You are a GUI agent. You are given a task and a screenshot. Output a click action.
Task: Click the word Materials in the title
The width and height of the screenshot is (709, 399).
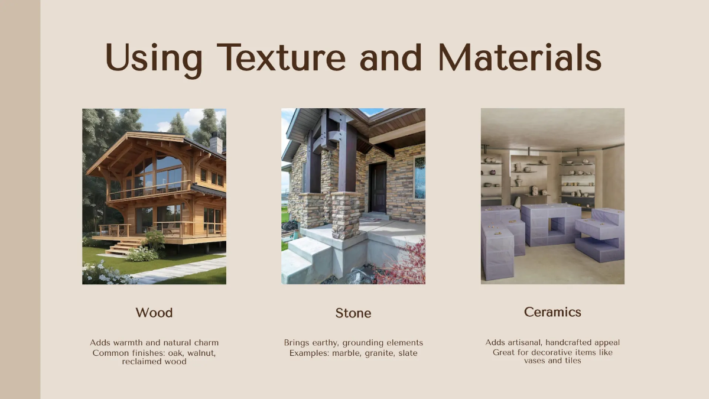[519, 57]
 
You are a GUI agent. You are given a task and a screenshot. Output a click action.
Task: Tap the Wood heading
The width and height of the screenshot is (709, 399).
[154, 312]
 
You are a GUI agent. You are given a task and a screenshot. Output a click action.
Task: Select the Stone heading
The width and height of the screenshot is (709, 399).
[353, 313]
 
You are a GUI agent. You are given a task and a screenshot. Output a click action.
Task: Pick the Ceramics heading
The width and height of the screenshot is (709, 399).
[552, 312]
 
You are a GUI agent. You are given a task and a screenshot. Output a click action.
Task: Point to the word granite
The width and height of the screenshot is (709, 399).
[375, 353]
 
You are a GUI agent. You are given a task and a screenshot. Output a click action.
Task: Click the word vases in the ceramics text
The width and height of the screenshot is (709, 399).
[535, 360]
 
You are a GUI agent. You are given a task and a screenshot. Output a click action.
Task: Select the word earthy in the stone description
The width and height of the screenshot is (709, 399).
[328, 342]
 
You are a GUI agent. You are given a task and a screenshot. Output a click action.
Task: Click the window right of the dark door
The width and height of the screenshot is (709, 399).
[419, 177]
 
